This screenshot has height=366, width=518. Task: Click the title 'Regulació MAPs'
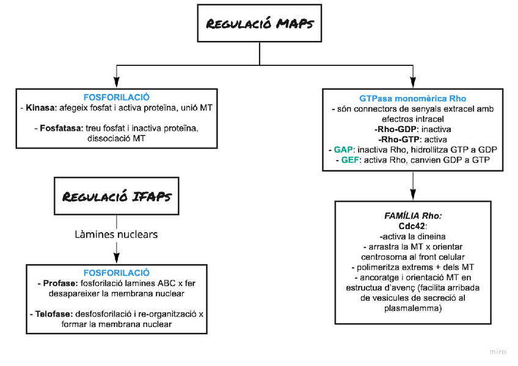pyautogui.click(x=259, y=24)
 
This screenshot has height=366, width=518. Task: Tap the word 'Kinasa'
pyautogui.click(x=41, y=108)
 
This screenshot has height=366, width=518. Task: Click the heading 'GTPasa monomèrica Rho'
pyautogui.click(x=413, y=98)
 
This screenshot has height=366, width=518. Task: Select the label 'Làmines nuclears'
pyautogui.click(x=115, y=234)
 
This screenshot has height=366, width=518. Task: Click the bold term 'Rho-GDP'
pyautogui.click(x=395, y=129)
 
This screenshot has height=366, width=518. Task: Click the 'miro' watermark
pyautogui.click(x=498, y=351)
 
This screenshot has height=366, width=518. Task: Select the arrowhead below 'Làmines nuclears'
pyautogui.click(x=116, y=259)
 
